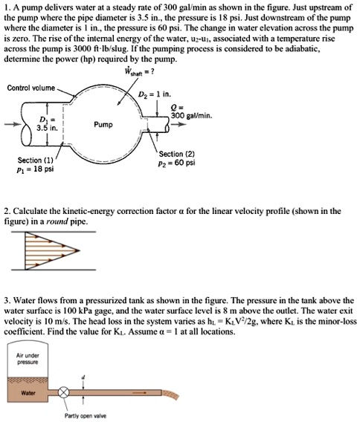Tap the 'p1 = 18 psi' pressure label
coord(31,169)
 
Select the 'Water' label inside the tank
coord(28,392)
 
